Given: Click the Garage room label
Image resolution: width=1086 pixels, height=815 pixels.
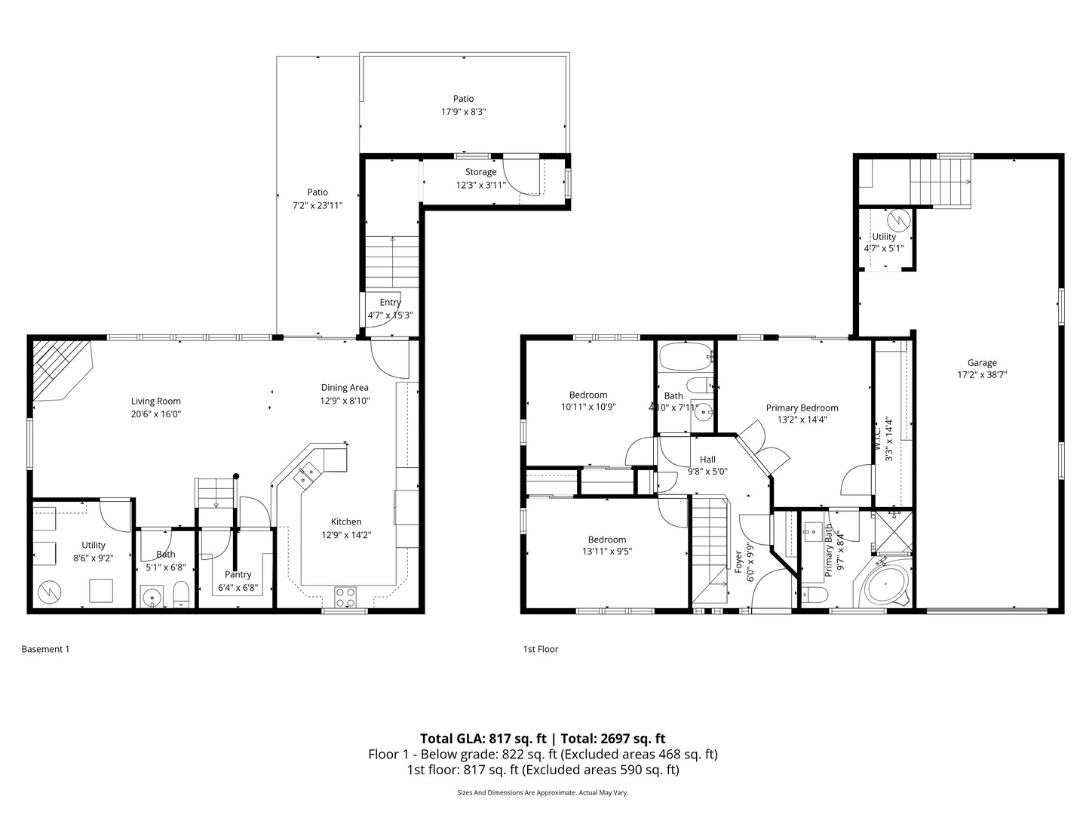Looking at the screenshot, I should tap(982, 362).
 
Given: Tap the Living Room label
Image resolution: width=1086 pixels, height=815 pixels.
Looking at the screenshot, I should tap(156, 401).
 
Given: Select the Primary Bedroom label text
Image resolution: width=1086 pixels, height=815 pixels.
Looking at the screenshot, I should tap(802, 407).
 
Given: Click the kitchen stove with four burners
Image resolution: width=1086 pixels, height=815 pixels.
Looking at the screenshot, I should tap(345, 597).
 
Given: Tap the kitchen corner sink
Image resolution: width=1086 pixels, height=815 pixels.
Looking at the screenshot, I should tap(308, 475).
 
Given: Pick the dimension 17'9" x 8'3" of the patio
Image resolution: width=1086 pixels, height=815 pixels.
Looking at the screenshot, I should tap(463, 112).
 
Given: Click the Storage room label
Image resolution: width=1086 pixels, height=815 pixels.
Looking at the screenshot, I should tap(480, 172).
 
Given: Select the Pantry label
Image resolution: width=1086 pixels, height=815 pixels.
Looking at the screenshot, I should tap(238, 574).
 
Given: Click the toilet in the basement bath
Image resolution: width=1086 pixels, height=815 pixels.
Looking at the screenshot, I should tap(181, 595).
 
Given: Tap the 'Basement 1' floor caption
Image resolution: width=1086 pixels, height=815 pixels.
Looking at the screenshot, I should tap(45, 649).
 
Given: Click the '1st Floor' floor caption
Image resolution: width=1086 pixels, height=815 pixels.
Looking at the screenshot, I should tap(541, 649).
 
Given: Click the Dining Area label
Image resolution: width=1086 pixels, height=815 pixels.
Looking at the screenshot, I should tap(345, 388).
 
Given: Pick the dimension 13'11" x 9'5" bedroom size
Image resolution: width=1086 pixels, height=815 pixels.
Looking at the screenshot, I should tap(606, 551).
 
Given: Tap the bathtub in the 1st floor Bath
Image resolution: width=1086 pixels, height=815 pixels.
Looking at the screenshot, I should tap(685, 355).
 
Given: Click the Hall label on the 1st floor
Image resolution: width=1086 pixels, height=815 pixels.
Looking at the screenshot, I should tap(707, 459).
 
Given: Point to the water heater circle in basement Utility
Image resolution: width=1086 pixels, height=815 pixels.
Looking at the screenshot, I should tap(50, 590).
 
